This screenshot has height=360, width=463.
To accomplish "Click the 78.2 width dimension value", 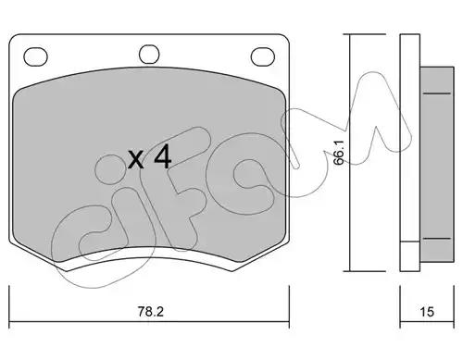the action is pos(150,312).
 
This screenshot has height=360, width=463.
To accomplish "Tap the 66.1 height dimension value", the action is pos(339,153).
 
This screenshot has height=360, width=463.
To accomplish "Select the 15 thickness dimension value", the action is pos(427,312).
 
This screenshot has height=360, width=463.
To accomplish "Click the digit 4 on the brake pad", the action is pos(163,157).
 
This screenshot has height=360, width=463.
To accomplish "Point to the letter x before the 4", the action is pos(136,160).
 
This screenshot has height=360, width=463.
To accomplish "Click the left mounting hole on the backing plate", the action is pos(35,56).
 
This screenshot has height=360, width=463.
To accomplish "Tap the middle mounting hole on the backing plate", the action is pos(149,55).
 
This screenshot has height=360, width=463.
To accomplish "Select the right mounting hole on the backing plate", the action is pos(263,56).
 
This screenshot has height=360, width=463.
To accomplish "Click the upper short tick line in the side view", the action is pos(436,93).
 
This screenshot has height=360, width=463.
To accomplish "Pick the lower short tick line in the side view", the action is pos(436,239).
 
